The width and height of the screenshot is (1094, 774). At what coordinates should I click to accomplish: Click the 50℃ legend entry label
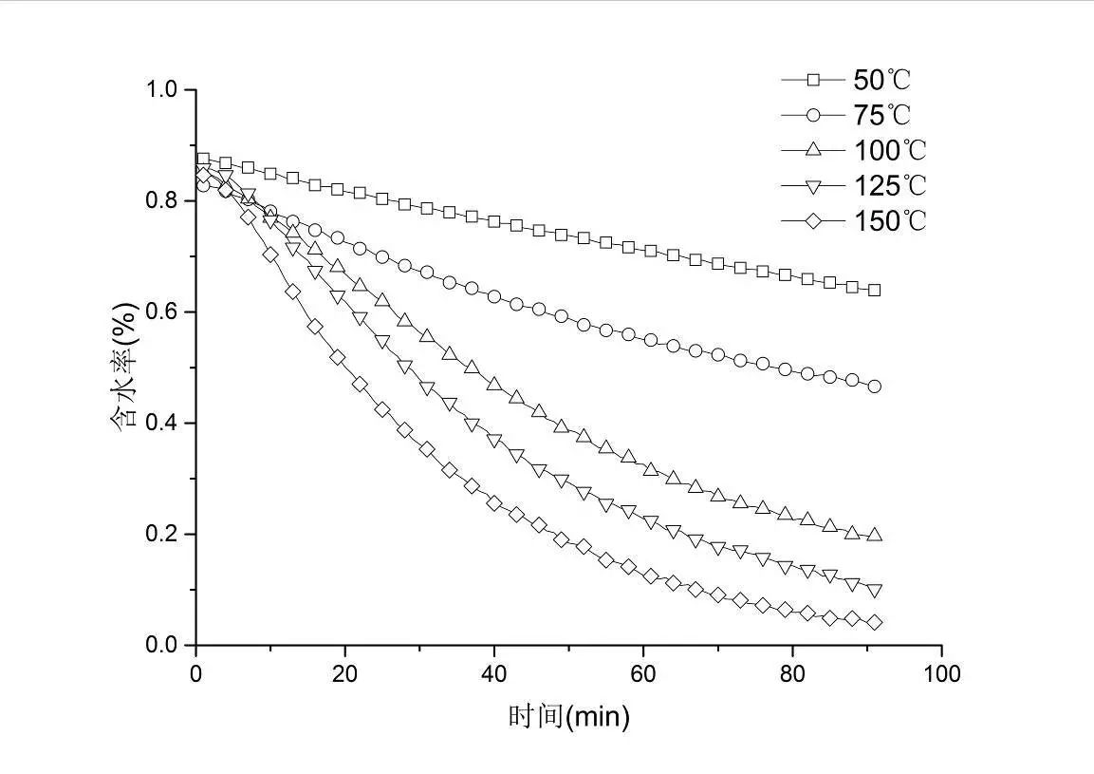[x=881, y=80]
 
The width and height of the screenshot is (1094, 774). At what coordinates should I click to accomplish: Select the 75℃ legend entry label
[x=881, y=115]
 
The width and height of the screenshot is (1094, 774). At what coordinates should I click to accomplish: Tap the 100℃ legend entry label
[x=889, y=150]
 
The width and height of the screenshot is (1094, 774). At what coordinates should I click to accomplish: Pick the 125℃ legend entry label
[x=889, y=185]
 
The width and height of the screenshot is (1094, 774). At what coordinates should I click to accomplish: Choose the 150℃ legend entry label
[x=889, y=220]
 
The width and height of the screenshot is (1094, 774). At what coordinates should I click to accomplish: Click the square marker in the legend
[x=812, y=80]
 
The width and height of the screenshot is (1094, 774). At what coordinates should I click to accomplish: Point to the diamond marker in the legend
[x=812, y=220]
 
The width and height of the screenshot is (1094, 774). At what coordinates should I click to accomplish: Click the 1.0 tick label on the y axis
[x=162, y=90]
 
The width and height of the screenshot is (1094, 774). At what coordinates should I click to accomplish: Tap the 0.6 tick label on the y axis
[x=162, y=312]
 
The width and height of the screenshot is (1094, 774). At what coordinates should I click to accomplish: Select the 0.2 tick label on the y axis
[x=162, y=535]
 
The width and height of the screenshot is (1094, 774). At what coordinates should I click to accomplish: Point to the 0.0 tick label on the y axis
[x=162, y=646]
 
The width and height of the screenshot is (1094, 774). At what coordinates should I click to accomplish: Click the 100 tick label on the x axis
[x=941, y=673]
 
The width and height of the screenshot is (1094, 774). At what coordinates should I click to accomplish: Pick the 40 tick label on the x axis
[x=493, y=673]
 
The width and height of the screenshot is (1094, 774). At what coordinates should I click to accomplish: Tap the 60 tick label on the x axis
[x=643, y=673]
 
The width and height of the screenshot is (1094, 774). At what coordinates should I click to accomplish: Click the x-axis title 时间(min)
[x=568, y=716]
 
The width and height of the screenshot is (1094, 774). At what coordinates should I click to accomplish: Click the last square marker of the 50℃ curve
[x=874, y=290]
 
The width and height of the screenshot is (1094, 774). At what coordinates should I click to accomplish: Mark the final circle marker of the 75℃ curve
[x=874, y=387]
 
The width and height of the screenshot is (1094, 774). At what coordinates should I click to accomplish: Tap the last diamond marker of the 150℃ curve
[x=874, y=623]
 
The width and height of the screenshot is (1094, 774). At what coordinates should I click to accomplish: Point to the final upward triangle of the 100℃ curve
[x=874, y=535]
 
